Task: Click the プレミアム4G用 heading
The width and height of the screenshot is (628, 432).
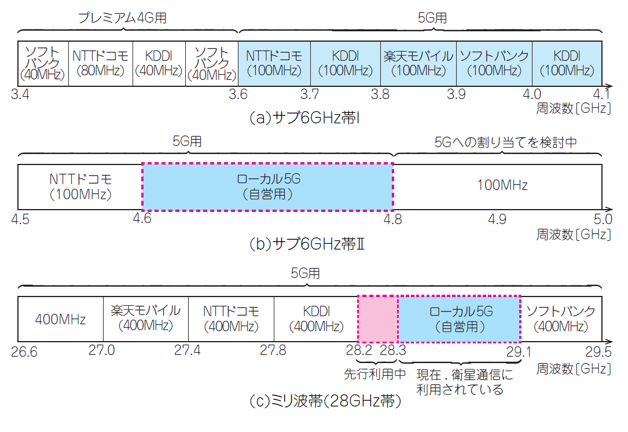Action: tap(123, 18)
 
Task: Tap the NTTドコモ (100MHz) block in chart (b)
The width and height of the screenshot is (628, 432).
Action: tap(80, 186)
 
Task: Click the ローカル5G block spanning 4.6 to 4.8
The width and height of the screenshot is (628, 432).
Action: tap(267, 186)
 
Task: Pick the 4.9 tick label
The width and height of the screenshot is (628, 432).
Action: tap(497, 219)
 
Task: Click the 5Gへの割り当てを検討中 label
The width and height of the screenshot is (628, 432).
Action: tap(505, 142)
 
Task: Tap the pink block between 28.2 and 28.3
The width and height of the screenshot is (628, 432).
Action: tap(377, 318)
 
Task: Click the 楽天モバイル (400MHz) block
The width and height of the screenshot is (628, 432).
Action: tap(146, 318)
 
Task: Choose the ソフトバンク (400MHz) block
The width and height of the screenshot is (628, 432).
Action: tap(560, 318)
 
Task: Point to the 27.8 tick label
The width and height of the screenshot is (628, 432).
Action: tap(273, 350)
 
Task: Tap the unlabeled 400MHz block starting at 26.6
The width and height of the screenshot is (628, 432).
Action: tap(61, 319)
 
